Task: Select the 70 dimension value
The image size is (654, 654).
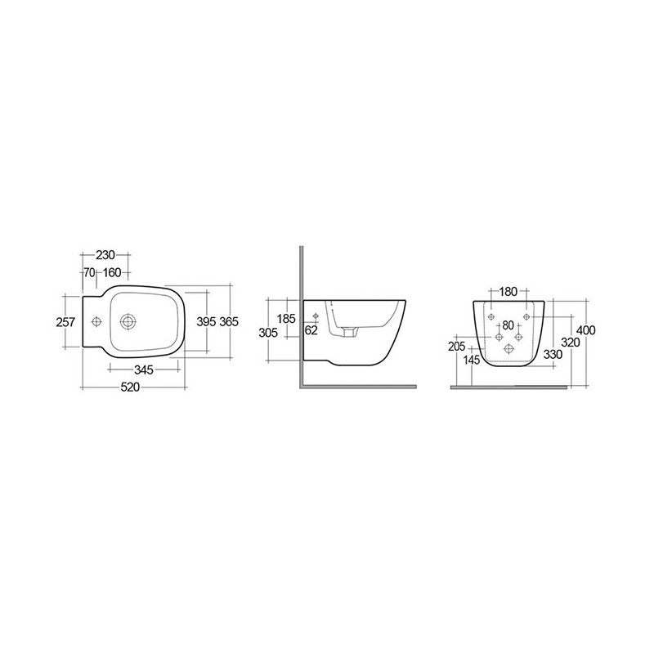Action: (89, 272)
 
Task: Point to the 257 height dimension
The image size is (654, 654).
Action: (65, 322)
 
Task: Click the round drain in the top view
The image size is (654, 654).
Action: (128, 321)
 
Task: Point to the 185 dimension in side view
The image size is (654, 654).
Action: (286, 318)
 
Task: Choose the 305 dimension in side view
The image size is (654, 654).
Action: (269, 332)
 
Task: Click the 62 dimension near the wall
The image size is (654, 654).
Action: (311, 331)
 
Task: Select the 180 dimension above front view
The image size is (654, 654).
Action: (507, 292)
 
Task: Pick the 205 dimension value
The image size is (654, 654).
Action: (457, 347)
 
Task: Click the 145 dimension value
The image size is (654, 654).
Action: (472, 359)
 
